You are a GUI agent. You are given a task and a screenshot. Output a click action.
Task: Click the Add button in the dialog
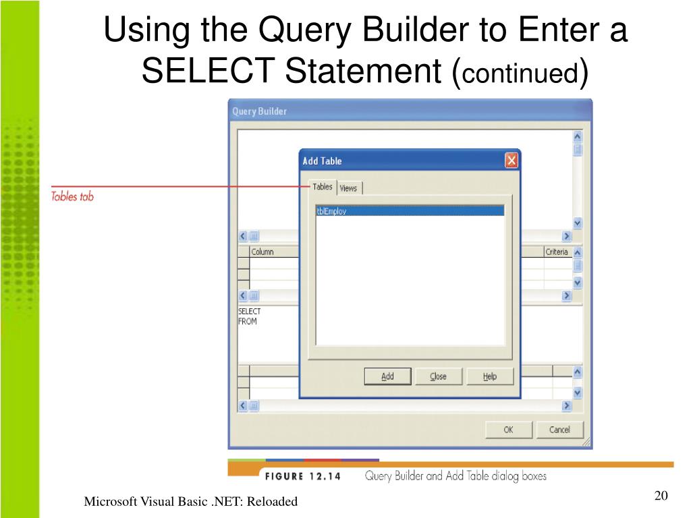click(387, 376)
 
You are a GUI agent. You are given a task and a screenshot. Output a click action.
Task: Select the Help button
click(490, 376)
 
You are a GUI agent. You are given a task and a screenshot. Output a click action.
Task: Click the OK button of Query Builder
click(509, 430)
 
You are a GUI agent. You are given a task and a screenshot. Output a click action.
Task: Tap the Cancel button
click(559, 430)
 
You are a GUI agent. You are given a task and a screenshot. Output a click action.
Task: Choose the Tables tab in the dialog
click(323, 187)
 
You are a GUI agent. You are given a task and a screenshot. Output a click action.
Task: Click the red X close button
click(512, 161)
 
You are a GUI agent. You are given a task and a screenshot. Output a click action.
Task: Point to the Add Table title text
click(322, 161)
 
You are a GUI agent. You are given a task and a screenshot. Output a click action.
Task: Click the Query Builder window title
click(260, 111)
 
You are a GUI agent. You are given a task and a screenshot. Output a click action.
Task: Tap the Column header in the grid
click(262, 252)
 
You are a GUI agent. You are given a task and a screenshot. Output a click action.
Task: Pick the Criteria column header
click(557, 252)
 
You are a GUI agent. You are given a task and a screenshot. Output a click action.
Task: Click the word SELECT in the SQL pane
click(250, 312)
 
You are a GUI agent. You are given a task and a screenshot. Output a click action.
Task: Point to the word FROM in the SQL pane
click(248, 322)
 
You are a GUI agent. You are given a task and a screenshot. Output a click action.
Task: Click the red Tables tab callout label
click(72, 197)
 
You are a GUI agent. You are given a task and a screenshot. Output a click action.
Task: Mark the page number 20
click(661, 497)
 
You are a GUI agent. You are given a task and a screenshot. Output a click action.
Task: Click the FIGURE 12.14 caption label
click(302, 476)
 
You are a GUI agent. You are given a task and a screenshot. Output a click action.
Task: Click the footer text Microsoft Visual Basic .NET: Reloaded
click(190, 502)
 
